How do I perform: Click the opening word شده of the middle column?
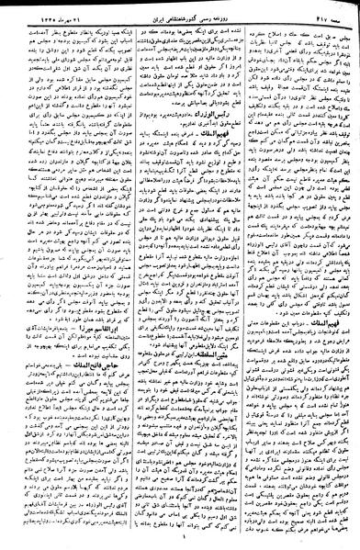tap(230, 23)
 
